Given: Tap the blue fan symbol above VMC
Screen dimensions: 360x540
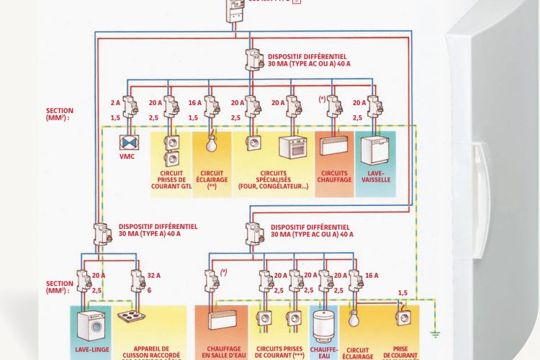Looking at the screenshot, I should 130,142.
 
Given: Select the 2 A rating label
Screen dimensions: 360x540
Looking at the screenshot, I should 115,102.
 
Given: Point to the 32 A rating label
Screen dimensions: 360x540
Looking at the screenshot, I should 154,275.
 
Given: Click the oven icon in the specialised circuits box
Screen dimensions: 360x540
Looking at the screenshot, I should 293,147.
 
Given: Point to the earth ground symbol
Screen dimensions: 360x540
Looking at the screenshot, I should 433,332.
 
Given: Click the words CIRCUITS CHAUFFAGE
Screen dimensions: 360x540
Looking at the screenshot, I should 335,176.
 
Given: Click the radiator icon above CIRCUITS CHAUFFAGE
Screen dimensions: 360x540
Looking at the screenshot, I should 333,148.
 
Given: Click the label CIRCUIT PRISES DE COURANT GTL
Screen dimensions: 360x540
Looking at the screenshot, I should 171,180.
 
